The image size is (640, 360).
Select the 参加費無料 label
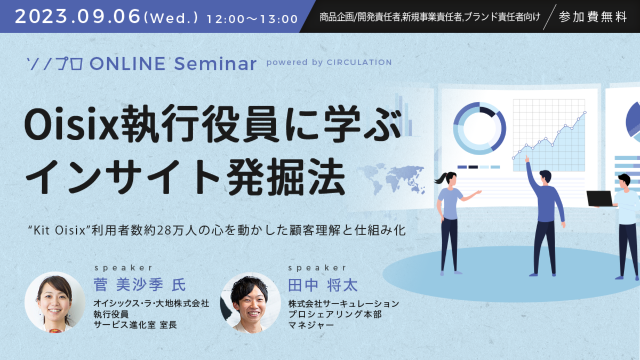592,17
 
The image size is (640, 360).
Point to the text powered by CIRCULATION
329,62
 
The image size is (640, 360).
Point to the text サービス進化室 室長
135,324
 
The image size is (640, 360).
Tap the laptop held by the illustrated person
600,198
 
